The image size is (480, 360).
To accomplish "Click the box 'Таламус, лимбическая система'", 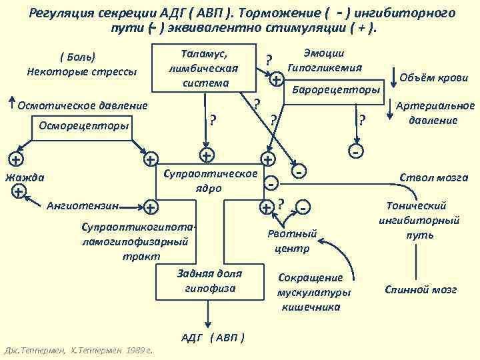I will pyautogui.click(x=204, y=67).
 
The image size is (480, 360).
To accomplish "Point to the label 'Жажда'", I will pyautogui.click(x=25, y=177).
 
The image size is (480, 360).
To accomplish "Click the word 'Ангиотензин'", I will pyautogui.click(x=84, y=205).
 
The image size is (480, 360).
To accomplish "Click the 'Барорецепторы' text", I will pyautogui.click(x=335, y=89).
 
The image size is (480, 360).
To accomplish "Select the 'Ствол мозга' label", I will pyautogui.click(x=433, y=177).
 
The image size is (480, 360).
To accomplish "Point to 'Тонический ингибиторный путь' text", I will pyautogui.click(x=419, y=220).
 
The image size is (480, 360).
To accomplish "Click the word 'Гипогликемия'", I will pyautogui.click(x=324, y=67).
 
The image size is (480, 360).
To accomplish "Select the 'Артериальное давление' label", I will pyautogui.click(x=435, y=113).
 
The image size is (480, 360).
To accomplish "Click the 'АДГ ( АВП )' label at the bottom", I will pyautogui.click(x=213, y=337).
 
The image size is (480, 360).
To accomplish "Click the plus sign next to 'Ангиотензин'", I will pyautogui.click(x=151, y=207).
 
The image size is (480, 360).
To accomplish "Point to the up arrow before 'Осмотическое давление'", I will pyautogui.click(x=11, y=103).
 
